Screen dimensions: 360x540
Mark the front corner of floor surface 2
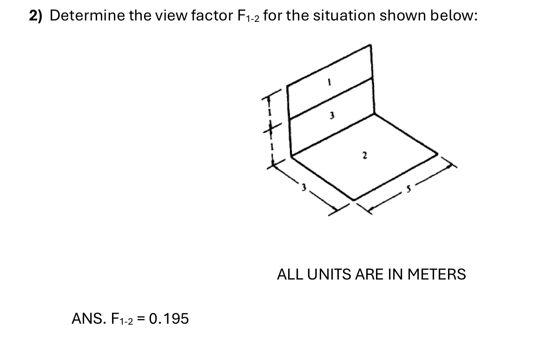(353, 200)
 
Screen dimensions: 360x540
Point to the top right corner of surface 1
(370, 45)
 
